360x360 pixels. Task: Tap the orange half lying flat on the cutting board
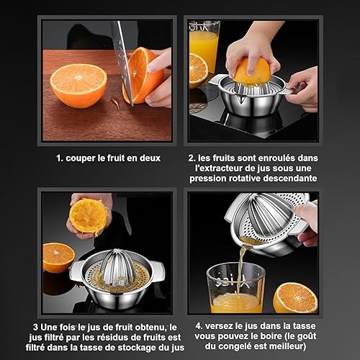click(78, 86)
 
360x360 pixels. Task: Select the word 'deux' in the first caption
click(150, 158)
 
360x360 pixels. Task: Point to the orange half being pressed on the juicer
click(252, 71)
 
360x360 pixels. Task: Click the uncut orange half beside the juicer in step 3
click(58, 258)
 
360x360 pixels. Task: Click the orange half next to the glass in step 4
click(295, 297)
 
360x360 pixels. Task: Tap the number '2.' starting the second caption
click(192, 158)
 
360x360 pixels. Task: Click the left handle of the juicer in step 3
click(76, 271)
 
